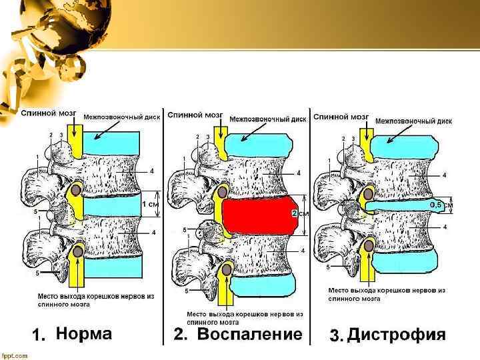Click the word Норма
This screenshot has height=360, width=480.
coord(83,333)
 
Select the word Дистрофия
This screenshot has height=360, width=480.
coord(397,335)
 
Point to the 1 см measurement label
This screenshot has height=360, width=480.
coord(150,205)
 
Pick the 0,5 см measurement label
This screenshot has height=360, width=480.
coord(440,205)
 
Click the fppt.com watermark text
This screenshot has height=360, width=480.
coord(15,355)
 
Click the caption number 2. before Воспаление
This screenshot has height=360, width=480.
coord(181,335)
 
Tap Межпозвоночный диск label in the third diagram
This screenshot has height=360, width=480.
coord(413,121)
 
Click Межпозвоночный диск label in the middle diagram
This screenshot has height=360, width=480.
coord(268,119)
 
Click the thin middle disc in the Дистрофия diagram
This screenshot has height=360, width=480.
coord(400,207)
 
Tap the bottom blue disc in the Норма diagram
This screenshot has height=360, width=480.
coord(113,269)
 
